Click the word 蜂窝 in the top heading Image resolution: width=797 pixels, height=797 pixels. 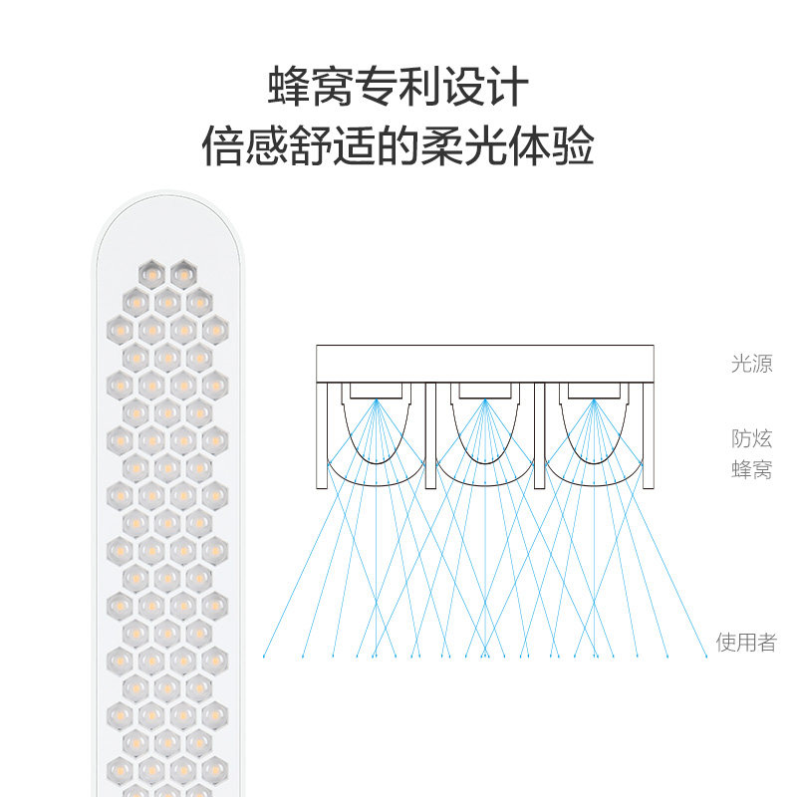pos(300,88)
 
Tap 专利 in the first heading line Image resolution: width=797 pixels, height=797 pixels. pos(398,88)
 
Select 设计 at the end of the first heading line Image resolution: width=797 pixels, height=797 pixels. pos(495,88)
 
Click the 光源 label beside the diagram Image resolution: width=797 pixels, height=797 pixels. pos(751,364)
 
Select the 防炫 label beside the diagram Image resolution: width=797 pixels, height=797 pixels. pos(751,438)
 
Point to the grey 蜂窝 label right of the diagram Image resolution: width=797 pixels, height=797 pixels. pos(751,469)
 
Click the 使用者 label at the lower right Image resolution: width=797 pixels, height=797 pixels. pos(745,643)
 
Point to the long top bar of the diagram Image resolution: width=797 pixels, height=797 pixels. pos(485,364)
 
